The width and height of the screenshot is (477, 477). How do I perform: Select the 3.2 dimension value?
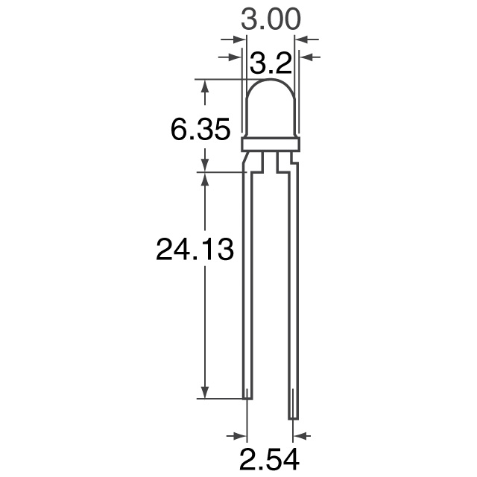[x=270, y=65]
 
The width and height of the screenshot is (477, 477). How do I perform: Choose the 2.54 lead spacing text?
[x=270, y=458]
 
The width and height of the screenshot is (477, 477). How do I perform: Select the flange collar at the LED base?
[x=271, y=144]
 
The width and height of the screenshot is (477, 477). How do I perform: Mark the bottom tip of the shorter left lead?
[x=247, y=397]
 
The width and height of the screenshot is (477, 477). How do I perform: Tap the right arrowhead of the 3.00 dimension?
[x=303, y=39]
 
